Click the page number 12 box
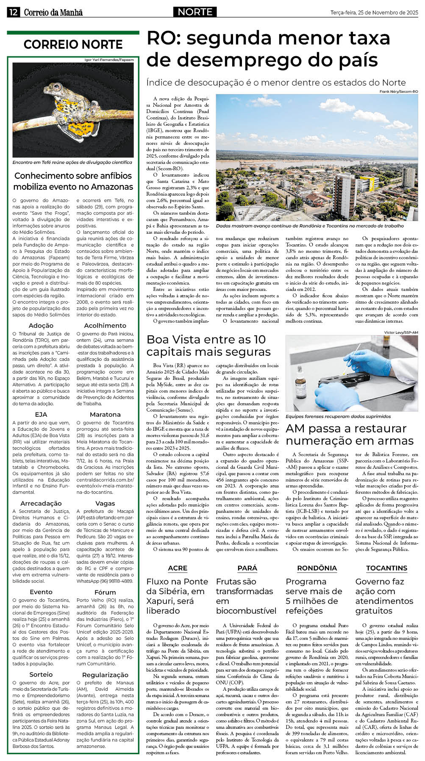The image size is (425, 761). coord(13,12)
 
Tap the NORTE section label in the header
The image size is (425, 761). coord(195,12)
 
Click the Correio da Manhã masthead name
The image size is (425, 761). coord(53,12)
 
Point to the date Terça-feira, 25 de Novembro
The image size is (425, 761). coord(374,13)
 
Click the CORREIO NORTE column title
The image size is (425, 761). coord(73,44)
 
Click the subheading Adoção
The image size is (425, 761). coord(41,325)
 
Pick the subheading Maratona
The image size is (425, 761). coord(105,414)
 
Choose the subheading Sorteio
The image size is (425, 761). coord(41,674)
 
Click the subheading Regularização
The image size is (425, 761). coord(105,675)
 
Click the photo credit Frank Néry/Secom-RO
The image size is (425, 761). coord(398,91)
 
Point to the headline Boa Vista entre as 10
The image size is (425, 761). coord(206,339)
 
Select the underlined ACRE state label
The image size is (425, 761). coord(178,568)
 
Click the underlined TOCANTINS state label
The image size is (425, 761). coord(386,568)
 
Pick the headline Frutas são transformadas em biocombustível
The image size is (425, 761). coord(246,596)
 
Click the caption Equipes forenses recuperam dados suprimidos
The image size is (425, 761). coord(338,416)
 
